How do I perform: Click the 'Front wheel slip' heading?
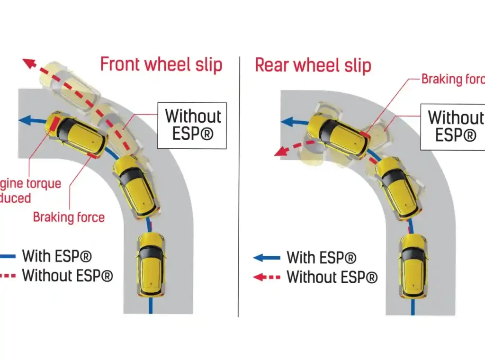161,64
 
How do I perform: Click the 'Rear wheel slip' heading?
313,65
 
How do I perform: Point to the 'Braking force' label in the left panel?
69,217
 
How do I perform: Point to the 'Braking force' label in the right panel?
452,79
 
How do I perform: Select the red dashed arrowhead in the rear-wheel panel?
279,152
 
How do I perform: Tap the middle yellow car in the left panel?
137,186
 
